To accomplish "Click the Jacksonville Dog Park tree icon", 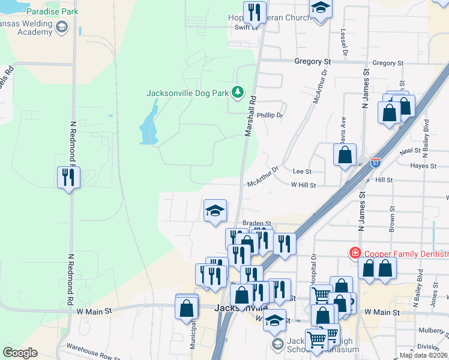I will pos(238,92).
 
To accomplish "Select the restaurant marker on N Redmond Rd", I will pos(68,178).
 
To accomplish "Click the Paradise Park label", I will pos(52,11).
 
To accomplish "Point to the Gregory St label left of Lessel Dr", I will pos(312,62).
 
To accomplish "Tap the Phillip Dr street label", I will pos(270,115).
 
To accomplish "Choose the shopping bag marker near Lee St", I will pos(345,155).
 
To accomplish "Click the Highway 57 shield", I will pos(375,162).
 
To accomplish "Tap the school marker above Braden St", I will pos(215,211).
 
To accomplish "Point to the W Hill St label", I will pos(304,185).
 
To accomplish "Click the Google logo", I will pos(20,353).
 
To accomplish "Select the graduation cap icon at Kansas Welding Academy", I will pos(62,27).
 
